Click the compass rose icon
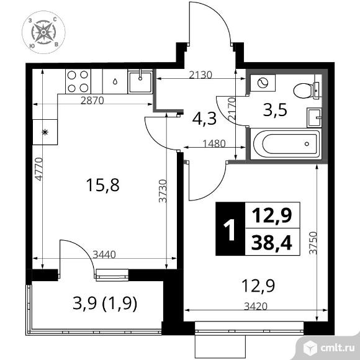[x=43, y=32]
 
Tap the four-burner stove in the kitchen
[x=78, y=81]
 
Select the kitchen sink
[x=140, y=82]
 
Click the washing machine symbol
[x=263, y=83]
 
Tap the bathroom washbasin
[x=314, y=117]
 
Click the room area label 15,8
[x=103, y=186]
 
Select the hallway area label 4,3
[x=204, y=119]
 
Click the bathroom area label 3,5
[x=275, y=110]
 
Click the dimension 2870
[x=92, y=101]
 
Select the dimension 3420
[x=256, y=306]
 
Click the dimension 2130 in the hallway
[x=200, y=75]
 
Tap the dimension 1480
[x=214, y=144]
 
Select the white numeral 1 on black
[x=230, y=230]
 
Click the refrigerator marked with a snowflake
[x=45, y=132]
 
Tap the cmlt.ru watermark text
[x=338, y=348]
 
